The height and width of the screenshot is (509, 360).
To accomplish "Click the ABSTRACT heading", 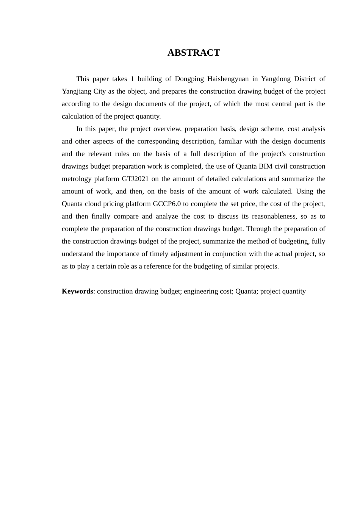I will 194,53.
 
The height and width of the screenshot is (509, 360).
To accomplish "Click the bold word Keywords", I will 77,291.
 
